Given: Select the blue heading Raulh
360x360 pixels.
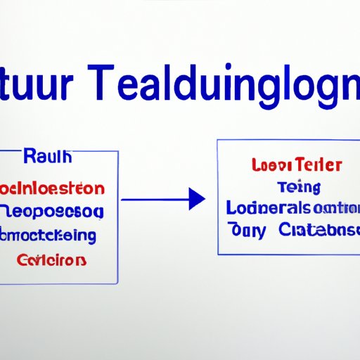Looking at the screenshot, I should click(48, 157).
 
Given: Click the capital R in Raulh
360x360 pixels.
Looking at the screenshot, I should click(30, 157).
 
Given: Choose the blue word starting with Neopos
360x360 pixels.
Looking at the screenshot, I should click(52, 212).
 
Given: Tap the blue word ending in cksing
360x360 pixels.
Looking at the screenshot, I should click(49, 235).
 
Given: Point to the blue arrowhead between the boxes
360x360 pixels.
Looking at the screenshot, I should click(197, 200).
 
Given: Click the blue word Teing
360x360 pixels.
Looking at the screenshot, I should click(299, 187).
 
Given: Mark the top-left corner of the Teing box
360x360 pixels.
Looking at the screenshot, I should click(217, 140).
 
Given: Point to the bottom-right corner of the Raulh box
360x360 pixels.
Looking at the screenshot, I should click(117, 284).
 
